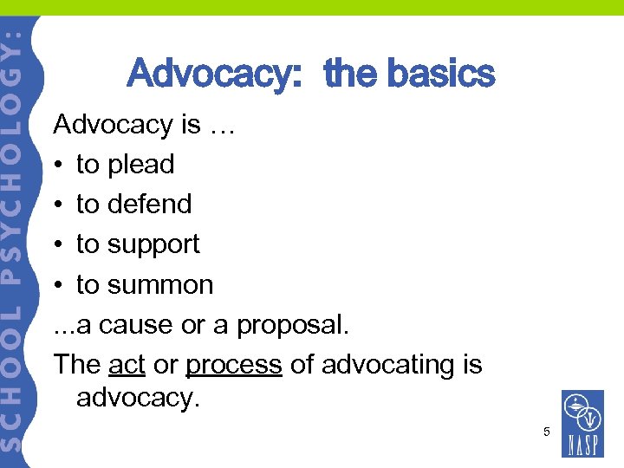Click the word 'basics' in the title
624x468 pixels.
pos(441,75)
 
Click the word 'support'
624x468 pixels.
pos(153,244)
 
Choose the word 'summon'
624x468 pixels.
pos(160,284)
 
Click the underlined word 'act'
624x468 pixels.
pos(127,364)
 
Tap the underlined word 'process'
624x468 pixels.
pos(234,364)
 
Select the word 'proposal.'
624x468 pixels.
pos(293,324)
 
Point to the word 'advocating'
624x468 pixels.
pos(387,364)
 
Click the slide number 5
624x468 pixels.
pos(547,431)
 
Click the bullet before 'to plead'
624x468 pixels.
pos(59,165)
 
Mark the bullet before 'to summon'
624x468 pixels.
pos(59,285)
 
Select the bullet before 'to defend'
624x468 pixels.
pos(59,205)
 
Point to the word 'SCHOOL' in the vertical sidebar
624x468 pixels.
pos(16,381)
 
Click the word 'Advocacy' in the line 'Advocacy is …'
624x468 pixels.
pos(114,125)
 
